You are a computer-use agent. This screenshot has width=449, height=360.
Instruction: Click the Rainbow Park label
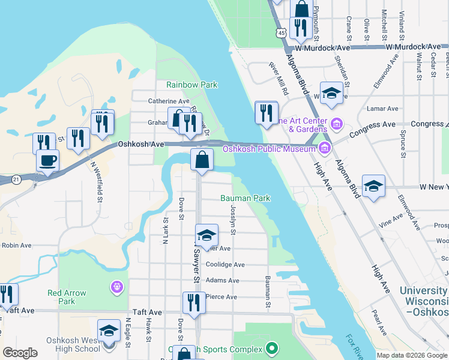click(x=191, y=85)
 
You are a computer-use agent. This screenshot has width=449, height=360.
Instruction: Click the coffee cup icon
click(x=47, y=161)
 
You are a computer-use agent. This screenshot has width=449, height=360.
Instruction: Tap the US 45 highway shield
click(x=282, y=34)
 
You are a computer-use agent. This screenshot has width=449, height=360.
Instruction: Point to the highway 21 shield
click(x=16, y=179)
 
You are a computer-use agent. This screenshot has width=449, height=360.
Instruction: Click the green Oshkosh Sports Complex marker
click(x=272, y=348)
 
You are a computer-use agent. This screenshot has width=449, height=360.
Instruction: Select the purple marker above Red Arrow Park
click(x=116, y=288)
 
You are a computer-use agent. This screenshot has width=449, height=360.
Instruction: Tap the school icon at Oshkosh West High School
click(x=109, y=332)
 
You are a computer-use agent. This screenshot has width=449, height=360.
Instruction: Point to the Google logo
click(x=21, y=353)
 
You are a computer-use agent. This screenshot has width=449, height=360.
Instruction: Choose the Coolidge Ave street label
click(x=225, y=265)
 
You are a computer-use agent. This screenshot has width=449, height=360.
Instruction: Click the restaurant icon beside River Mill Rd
click(x=267, y=112)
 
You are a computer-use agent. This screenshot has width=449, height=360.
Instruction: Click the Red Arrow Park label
click(x=67, y=297)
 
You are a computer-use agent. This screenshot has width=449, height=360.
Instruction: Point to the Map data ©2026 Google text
click(x=411, y=355)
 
